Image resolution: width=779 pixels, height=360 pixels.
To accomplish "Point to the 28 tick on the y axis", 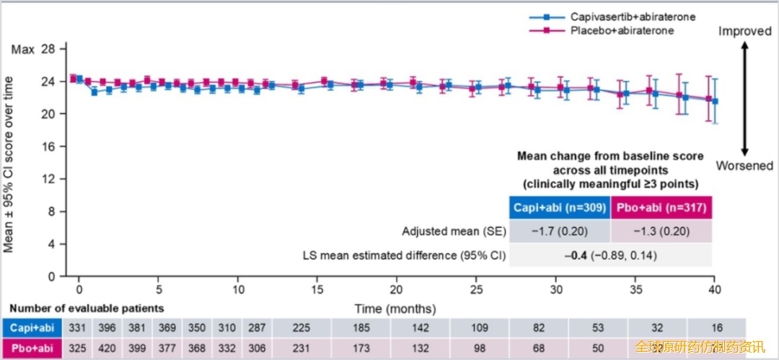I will point(48,49).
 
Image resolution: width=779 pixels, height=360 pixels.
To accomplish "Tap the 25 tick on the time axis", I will point(475,287).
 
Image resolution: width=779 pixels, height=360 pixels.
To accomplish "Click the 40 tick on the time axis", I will point(713,287).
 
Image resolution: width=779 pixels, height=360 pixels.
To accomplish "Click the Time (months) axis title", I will point(395,309).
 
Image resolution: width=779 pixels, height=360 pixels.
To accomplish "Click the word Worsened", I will point(744,166).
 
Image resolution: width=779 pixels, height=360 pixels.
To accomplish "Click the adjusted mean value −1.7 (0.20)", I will point(560,232).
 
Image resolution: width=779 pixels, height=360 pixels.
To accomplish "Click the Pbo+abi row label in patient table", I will point(32,348).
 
